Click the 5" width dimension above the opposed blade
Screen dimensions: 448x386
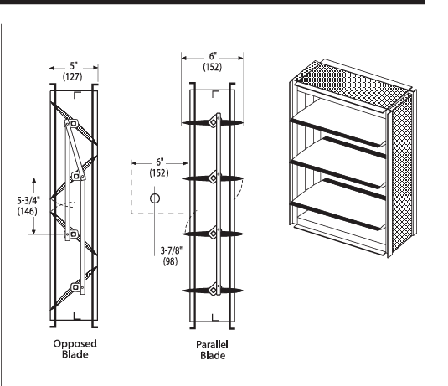coord(74,66)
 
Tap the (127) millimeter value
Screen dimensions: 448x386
coord(73,76)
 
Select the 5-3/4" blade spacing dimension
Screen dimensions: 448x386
coord(28,200)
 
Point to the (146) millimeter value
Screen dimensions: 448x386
coord(28,211)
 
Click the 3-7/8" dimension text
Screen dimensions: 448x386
coord(171,250)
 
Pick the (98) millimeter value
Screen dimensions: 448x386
coord(170,261)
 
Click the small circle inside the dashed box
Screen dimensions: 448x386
coord(155,198)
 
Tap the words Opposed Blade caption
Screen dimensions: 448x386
coord(75,349)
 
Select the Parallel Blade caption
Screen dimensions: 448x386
coord(213,350)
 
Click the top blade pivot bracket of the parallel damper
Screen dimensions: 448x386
coord(214,122)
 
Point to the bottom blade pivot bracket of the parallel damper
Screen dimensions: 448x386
coord(214,291)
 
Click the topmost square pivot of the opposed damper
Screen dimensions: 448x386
coord(74,123)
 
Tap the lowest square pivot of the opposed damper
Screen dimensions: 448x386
coord(75,287)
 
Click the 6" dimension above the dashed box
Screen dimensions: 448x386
coord(160,162)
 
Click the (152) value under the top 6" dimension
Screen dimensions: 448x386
coord(213,67)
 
